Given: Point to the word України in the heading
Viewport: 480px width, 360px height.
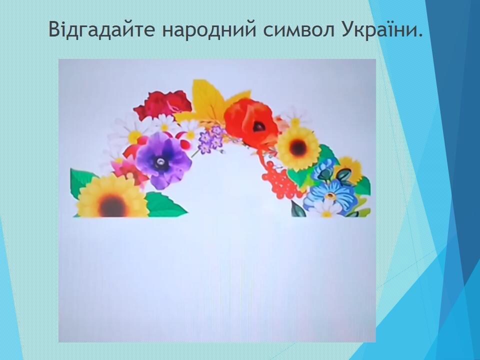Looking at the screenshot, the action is pos(381,29).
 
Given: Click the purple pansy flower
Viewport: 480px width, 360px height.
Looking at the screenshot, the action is pos(163,159).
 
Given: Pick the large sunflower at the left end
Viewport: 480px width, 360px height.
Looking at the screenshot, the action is pos(112,197).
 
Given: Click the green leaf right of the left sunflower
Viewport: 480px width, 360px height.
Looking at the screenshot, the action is pos(165,204).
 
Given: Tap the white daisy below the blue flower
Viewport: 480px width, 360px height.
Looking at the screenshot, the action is pos(326,209).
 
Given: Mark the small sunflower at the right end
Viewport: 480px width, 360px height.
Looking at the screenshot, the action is pos(348,171).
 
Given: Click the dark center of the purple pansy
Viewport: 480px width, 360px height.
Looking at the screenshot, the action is pos(160,160).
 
